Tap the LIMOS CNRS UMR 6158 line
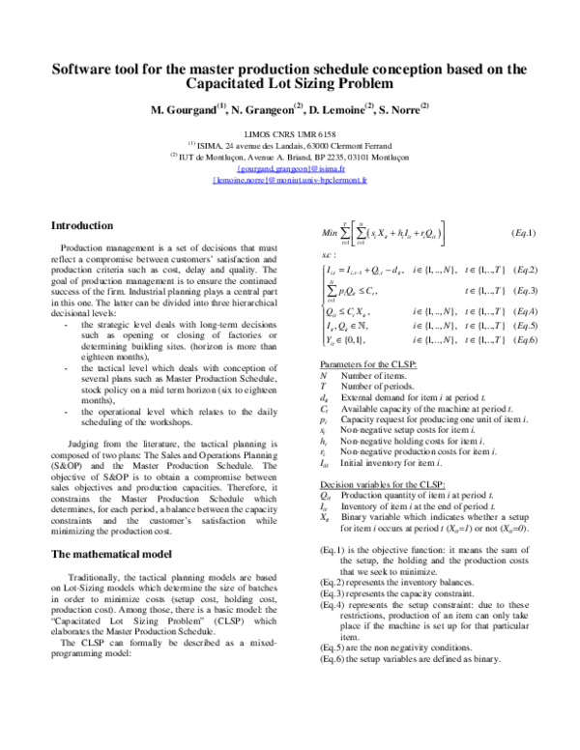(x=290, y=136)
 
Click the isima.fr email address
(x=291, y=167)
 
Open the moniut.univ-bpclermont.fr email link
(x=290, y=180)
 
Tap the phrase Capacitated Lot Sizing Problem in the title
(x=290, y=85)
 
